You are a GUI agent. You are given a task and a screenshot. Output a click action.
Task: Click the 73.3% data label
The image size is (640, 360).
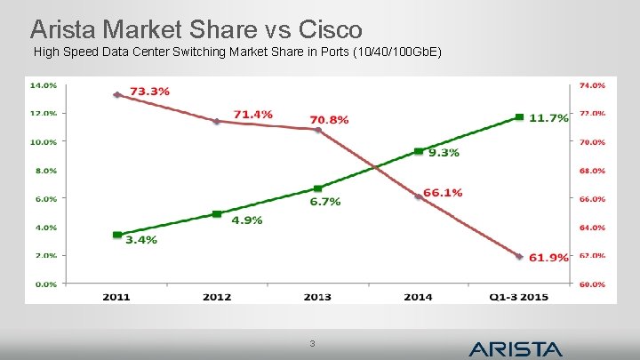click(150, 91)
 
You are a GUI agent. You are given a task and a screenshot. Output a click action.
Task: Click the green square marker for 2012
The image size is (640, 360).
click(217, 214)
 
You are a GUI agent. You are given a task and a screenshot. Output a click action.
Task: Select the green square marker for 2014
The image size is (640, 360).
click(419, 152)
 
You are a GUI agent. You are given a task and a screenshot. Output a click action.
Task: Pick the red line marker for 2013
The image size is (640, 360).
click(318, 130)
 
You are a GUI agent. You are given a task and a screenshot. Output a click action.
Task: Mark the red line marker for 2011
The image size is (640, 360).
click(116, 94)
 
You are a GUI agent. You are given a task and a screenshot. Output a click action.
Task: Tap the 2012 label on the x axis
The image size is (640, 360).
click(217, 296)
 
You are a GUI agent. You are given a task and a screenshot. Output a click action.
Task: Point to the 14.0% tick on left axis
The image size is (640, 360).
click(44, 85)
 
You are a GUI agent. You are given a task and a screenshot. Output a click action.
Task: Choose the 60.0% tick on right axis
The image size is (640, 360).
click(593, 284)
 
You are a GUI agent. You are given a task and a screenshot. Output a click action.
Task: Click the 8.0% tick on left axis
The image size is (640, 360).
click(44, 171)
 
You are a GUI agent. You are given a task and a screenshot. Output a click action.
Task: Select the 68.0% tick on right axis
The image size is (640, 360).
click(593, 171)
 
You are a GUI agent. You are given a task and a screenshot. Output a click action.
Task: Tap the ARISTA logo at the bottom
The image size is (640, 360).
click(516, 348)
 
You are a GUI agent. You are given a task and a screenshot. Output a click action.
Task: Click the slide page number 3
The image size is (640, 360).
click(311, 344)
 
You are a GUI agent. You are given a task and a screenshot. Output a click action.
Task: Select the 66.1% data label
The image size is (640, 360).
click(443, 192)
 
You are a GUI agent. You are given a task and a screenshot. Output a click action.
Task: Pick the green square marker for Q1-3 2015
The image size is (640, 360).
click(519, 117)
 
